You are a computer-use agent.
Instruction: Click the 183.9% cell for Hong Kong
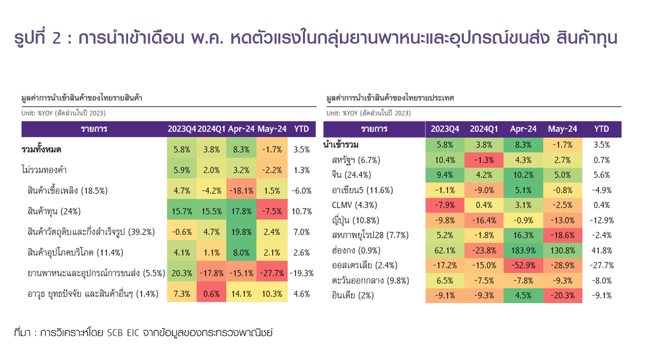[523, 251]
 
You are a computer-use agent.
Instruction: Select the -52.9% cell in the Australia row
[523, 265]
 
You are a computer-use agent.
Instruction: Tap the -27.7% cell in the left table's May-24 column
[272, 273]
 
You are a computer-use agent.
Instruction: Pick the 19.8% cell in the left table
[241, 232]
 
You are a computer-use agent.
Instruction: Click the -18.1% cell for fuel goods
[241, 191]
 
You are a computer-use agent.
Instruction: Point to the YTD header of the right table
[601, 129]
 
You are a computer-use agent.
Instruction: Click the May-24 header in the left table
[272, 129]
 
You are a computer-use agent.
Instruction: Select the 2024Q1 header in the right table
[484, 129]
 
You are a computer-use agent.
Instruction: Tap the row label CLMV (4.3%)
[354, 205]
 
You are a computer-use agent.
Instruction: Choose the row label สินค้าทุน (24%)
[54, 211]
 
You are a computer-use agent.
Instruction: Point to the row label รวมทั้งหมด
[41, 149]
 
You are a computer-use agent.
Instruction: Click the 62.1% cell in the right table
[444, 251]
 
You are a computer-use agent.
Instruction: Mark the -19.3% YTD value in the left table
[302, 273]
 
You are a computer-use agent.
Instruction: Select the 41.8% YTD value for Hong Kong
[601, 251]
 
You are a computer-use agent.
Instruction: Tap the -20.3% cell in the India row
[562, 295]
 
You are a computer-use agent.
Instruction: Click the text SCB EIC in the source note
[123, 333]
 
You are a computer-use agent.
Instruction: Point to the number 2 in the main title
[57, 38]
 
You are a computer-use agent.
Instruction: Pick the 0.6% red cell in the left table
[211, 294]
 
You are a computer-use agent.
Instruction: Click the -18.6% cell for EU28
[562, 235]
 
